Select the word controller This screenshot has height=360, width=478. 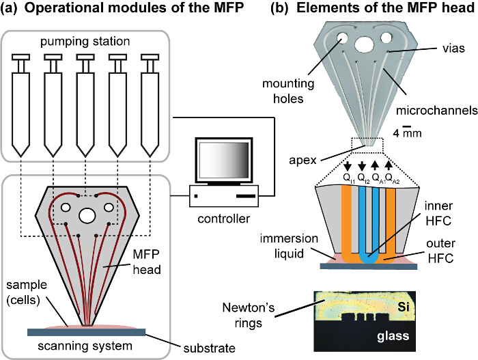225,219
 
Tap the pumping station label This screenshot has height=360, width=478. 85,42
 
